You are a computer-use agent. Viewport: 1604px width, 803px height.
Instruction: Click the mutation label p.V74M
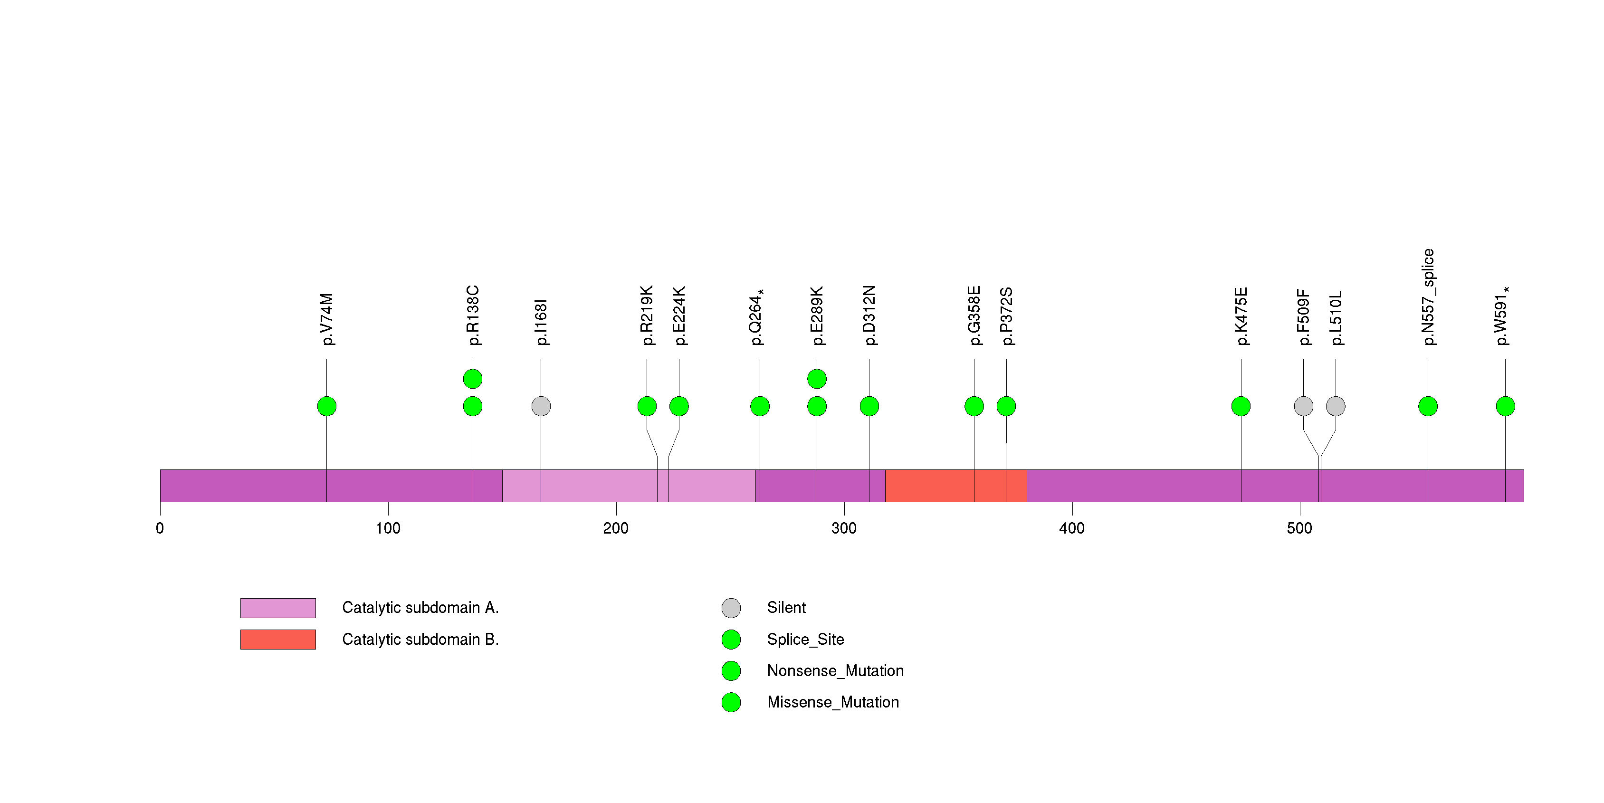pos(327,319)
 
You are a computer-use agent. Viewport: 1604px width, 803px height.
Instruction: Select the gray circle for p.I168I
pos(541,406)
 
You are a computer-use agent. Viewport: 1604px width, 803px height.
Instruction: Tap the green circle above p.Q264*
pos(760,406)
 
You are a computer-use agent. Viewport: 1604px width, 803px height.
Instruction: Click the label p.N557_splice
pos(1428,297)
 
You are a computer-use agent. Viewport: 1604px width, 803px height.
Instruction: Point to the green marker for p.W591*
pos(1505,406)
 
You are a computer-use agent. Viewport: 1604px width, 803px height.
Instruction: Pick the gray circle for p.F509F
pos(1303,406)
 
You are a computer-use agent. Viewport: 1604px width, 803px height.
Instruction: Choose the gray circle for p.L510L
pos(1336,406)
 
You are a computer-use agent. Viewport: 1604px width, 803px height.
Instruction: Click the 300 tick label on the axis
pos(844,528)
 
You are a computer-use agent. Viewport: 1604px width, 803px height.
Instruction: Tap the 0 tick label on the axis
pos(160,528)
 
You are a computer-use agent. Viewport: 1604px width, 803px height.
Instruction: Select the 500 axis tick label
pos(1299,528)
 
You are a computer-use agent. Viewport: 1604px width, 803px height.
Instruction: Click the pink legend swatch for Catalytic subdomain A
pos(278,608)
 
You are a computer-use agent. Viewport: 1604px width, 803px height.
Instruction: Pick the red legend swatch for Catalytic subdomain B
pos(278,639)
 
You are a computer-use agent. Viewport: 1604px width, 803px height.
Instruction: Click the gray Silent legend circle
pos(731,608)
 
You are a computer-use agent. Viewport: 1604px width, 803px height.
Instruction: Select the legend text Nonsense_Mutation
pos(835,671)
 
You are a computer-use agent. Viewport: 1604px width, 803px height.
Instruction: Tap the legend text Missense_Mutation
pos(832,702)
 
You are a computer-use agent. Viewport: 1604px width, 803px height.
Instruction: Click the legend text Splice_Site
pos(805,639)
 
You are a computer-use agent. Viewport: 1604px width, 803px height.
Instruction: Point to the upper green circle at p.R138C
pos(473,379)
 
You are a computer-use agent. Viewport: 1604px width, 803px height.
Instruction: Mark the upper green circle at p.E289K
pos(817,379)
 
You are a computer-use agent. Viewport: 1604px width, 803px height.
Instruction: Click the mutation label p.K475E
pos(1241,316)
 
